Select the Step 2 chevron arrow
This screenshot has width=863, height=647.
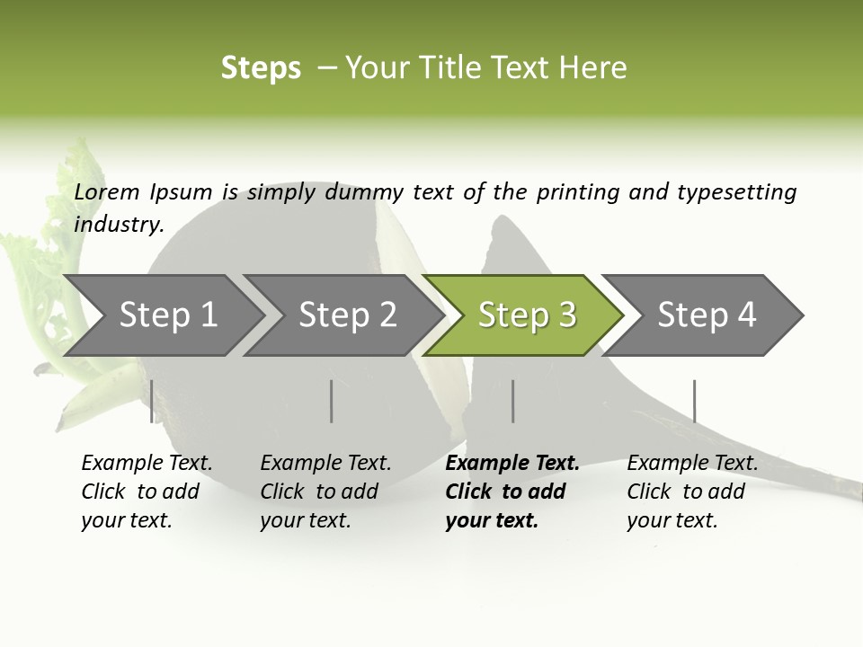click(346, 315)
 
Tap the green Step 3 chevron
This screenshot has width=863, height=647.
click(526, 315)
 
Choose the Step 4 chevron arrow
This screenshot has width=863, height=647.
click(706, 315)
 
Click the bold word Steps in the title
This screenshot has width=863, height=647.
click(261, 67)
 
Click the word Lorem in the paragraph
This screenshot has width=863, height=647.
click(107, 191)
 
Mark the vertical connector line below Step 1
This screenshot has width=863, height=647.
click(151, 401)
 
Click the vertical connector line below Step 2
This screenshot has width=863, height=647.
click(332, 401)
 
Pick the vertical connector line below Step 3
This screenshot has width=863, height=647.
click(512, 401)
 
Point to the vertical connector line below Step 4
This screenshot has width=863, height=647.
click(694, 401)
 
